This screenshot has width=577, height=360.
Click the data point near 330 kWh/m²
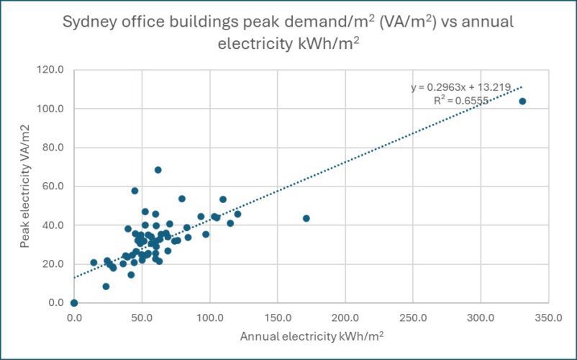point(522,102)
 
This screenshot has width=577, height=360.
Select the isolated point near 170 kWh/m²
point(306,218)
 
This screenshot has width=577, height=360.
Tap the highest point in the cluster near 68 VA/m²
point(158,170)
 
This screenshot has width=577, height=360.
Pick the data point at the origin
point(74,303)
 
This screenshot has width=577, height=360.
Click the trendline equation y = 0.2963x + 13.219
point(460,87)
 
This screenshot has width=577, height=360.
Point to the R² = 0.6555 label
point(461,101)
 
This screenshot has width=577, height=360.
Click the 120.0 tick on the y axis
point(50,70)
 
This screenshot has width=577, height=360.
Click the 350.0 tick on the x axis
point(548,318)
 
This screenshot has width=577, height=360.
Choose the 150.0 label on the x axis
point(277,318)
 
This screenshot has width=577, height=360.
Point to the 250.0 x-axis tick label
point(413,318)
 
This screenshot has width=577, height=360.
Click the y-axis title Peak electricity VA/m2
point(24,186)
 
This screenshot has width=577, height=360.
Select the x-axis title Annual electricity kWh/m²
point(312,336)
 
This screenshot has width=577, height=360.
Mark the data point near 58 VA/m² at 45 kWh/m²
point(135,191)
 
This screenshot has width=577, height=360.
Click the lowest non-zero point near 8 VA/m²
point(106,287)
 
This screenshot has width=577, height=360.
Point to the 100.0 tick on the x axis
point(209,318)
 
